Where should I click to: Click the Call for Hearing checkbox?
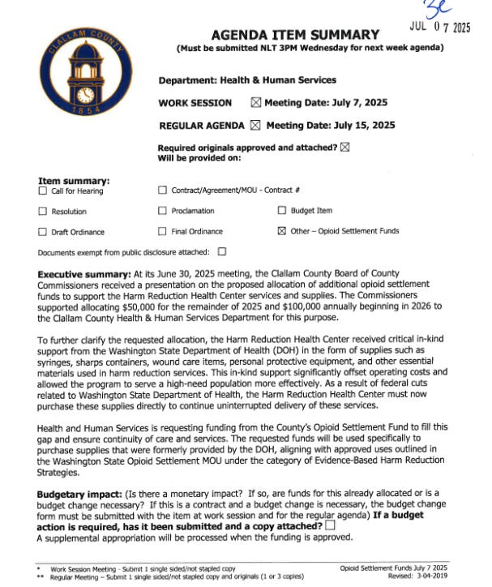click(x=43, y=191)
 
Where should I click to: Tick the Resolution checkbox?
click(x=43, y=211)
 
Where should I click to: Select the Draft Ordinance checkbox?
click(x=43, y=231)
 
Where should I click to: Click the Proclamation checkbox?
click(x=162, y=211)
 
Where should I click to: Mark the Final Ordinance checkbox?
click(x=162, y=231)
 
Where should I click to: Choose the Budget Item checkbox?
click(x=282, y=211)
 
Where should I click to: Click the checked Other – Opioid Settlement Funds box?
click(x=282, y=231)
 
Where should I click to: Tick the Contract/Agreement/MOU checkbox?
click(x=162, y=191)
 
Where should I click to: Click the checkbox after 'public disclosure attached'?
click(x=221, y=251)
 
